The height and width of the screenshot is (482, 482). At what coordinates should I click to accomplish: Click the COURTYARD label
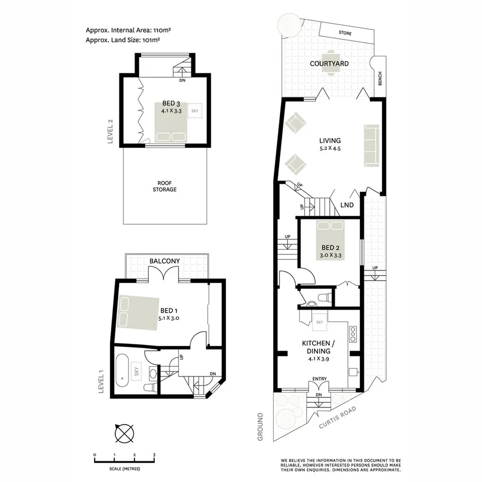(x=329, y=64)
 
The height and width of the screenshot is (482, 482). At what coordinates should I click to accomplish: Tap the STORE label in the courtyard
(x=345, y=33)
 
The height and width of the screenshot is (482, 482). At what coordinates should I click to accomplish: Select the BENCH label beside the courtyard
(x=380, y=78)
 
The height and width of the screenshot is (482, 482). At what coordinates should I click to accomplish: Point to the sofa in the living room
(x=371, y=145)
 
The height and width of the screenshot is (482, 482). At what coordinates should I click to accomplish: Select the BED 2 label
(x=330, y=247)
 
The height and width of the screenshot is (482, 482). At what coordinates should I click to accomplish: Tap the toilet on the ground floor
(x=323, y=297)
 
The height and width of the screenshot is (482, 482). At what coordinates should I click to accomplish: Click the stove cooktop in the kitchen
(x=353, y=335)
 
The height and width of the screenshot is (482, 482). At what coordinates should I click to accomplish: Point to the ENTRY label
(x=319, y=380)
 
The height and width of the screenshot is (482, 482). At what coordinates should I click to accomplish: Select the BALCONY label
(x=164, y=261)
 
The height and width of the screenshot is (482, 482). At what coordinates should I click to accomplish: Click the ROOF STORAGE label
(x=163, y=186)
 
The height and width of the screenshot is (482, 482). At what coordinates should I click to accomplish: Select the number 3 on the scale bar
(x=154, y=455)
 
